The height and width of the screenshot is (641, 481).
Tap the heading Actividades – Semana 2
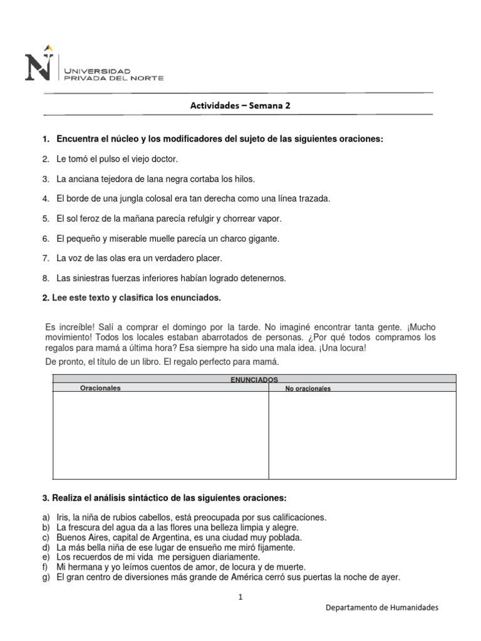(x=240, y=106)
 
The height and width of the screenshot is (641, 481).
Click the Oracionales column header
(x=100, y=388)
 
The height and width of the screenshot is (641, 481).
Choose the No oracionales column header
(x=308, y=389)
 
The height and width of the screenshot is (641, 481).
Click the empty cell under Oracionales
(x=160, y=435)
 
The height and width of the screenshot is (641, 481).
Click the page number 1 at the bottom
(x=240, y=597)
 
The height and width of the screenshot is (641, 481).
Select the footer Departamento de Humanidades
(x=383, y=608)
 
